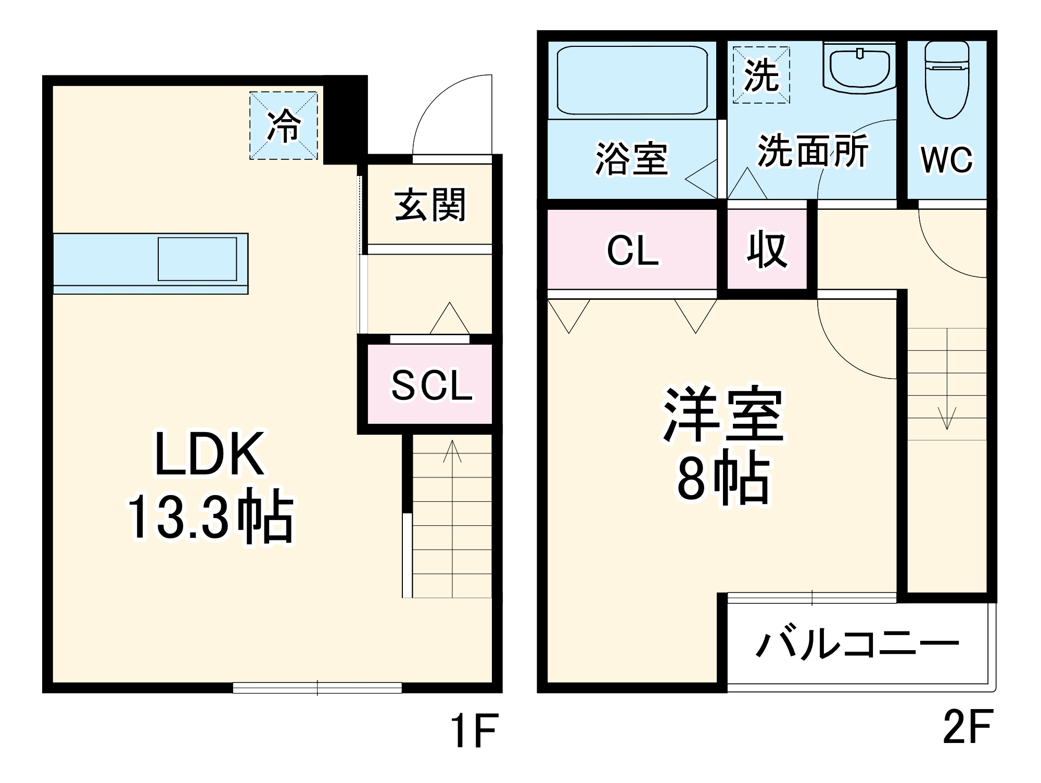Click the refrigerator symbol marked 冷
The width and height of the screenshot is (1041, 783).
click(x=284, y=125)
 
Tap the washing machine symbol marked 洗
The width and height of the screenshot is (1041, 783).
click(x=761, y=75)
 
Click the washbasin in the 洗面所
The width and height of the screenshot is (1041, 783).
click(x=859, y=68)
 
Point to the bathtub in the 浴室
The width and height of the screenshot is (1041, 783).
click(x=632, y=80)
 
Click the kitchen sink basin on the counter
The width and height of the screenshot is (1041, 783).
click(x=197, y=259)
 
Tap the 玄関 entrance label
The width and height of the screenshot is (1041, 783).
click(x=430, y=205)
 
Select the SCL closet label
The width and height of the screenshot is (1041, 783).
click(x=431, y=386)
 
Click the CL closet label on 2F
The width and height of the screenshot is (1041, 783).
click(x=632, y=251)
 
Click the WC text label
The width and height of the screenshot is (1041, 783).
click(x=946, y=160)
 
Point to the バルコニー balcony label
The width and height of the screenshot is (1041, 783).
click(x=857, y=645)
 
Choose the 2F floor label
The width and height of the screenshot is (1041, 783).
click(x=968, y=727)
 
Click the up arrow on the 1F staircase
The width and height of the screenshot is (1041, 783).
click(x=452, y=451)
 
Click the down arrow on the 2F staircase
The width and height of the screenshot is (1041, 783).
click(x=947, y=418)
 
